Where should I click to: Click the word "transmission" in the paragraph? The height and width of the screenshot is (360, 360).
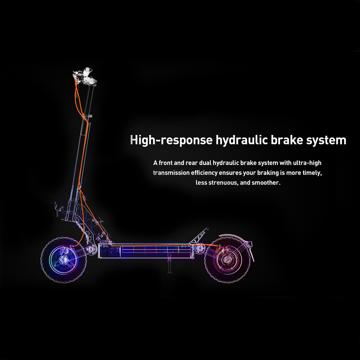point(171,173)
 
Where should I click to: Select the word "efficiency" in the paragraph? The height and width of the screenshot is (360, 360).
point(204,173)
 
